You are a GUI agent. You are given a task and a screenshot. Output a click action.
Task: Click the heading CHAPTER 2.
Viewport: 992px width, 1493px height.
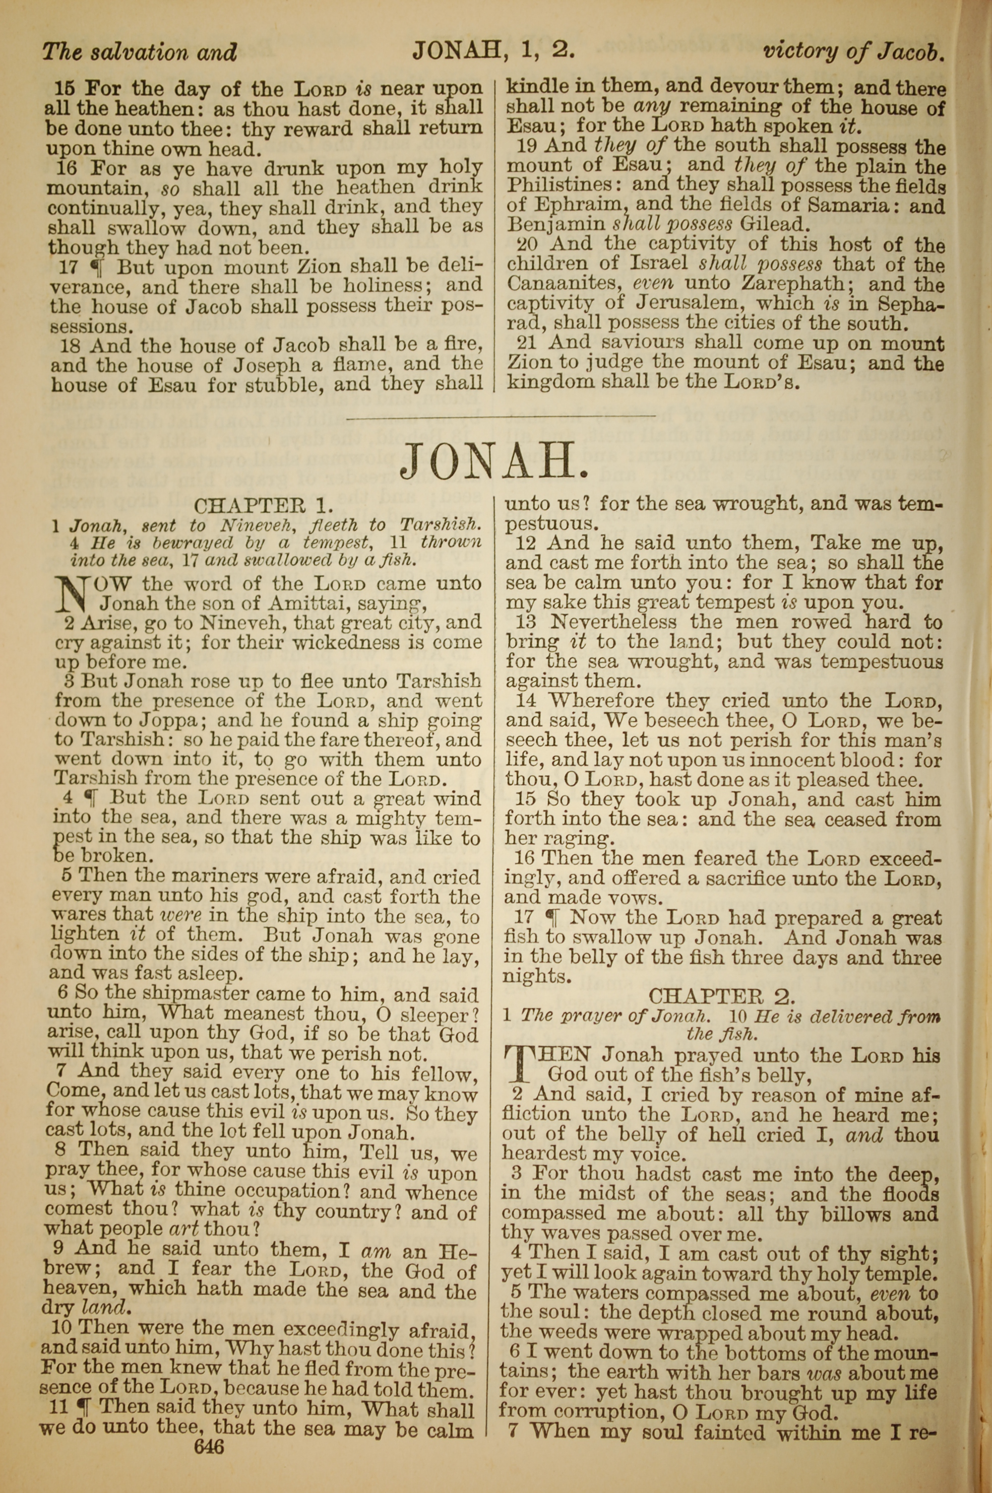pyautogui.click(x=721, y=997)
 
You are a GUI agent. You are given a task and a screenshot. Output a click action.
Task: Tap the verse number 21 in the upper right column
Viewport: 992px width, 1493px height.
pyautogui.click(x=528, y=343)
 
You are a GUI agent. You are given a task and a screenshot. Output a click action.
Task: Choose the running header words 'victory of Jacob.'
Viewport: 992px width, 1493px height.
pyautogui.click(x=854, y=51)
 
